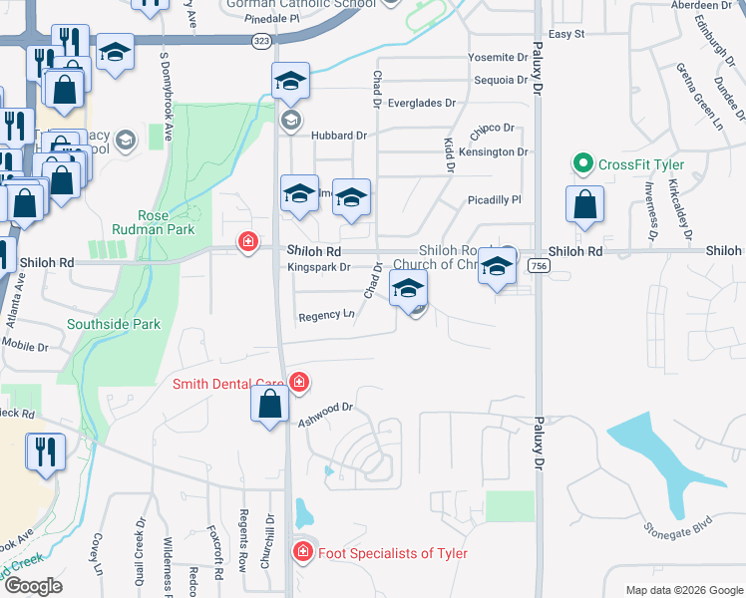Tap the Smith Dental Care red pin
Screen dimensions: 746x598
click(299, 383)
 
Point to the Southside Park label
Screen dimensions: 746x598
click(113, 324)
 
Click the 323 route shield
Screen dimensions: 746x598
click(262, 41)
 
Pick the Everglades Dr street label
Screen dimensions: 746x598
click(421, 102)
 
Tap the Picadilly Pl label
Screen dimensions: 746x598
click(495, 200)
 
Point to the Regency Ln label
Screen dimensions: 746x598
click(326, 316)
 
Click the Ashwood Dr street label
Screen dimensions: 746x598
click(326, 415)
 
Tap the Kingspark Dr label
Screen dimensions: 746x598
click(318, 267)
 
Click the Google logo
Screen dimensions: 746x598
click(33, 586)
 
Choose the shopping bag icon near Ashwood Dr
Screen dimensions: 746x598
click(269, 406)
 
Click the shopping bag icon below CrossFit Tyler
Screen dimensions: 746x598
click(584, 205)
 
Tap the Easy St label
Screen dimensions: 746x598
click(565, 34)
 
